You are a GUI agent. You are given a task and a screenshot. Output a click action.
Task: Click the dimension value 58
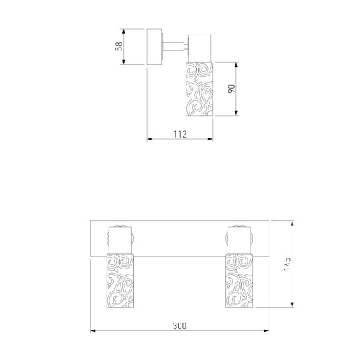coord(119,46)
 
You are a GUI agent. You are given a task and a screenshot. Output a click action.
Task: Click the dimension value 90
coord(232,89)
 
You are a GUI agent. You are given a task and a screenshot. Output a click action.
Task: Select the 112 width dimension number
coord(180,134)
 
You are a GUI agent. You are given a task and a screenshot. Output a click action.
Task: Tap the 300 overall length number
coord(179,326)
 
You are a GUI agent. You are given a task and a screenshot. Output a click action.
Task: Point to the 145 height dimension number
coord(287,264)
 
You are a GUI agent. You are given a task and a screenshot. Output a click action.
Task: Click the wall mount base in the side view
coord(155,47)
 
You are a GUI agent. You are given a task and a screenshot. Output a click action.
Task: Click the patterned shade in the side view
coord(199,89)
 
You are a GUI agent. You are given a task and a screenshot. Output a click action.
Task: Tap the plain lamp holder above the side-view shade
coord(199,48)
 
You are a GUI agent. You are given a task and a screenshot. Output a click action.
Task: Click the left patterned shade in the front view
coord(120,281)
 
